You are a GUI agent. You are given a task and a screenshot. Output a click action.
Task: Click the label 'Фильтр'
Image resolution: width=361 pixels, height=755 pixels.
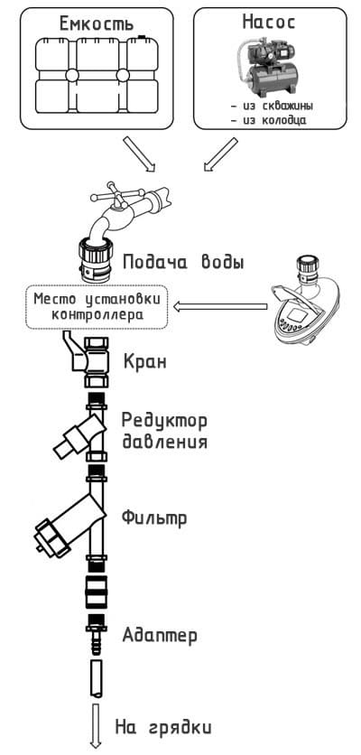coord(154,518)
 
